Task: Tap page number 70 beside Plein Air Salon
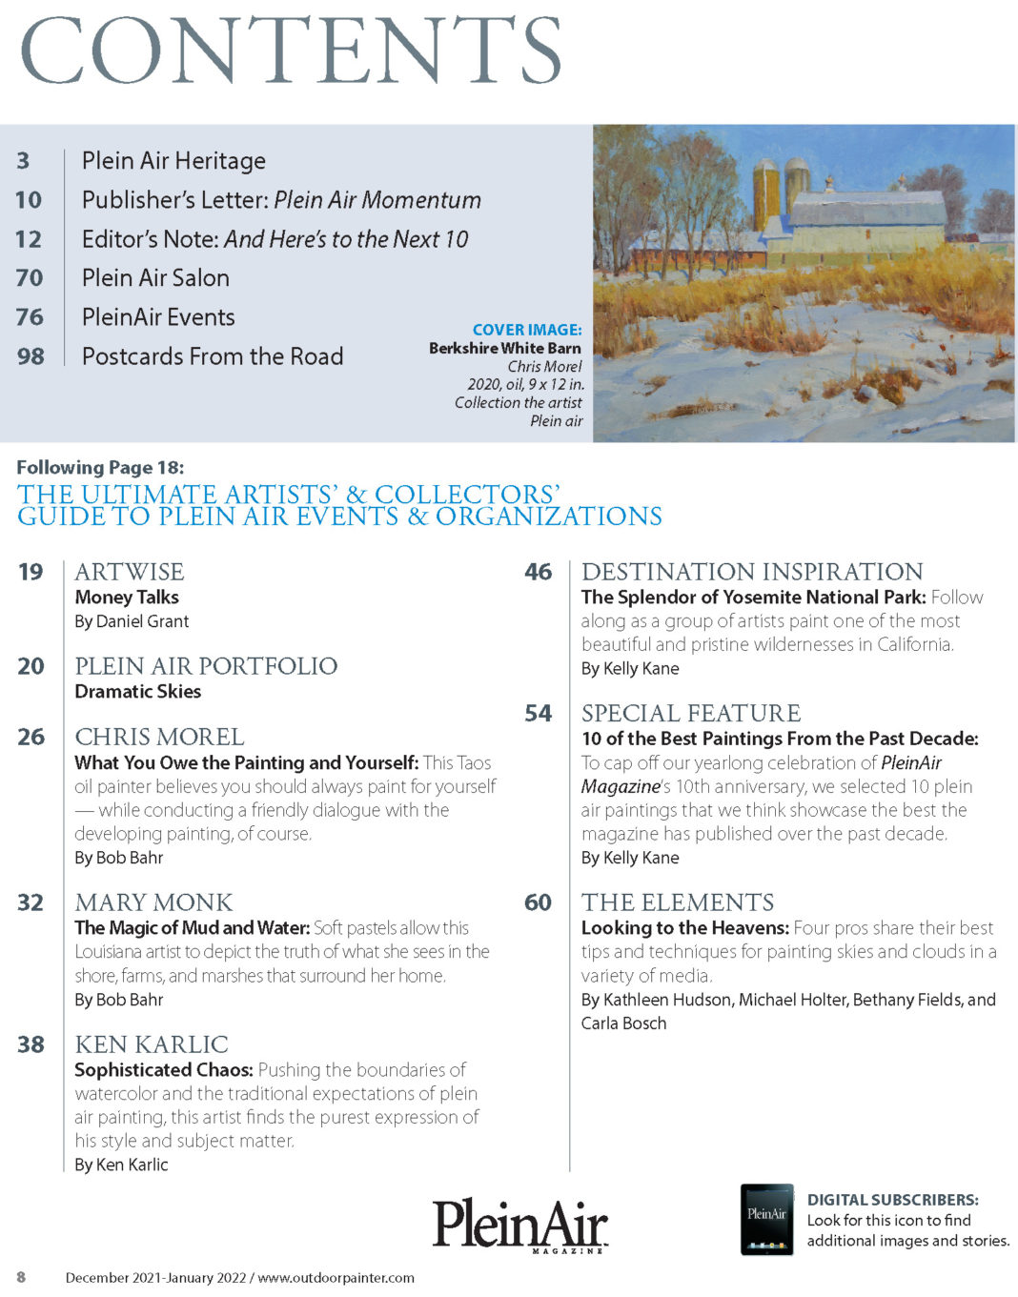(30, 278)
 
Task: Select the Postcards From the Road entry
(213, 356)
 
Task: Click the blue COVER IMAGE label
(527, 330)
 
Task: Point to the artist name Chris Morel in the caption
(544, 366)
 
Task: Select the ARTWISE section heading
(130, 572)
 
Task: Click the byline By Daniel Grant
(132, 621)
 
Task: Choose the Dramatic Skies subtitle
(138, 692)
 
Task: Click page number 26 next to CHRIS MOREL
(31, 737)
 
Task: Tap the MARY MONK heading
(153, 902)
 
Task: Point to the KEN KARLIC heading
(152, 1044)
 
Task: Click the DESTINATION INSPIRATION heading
(752, 572)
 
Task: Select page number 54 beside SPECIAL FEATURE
(539, 714)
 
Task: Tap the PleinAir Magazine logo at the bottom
(520, 1225)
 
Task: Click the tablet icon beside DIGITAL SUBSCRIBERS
(767, 1219)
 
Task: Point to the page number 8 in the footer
(21, 1277)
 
